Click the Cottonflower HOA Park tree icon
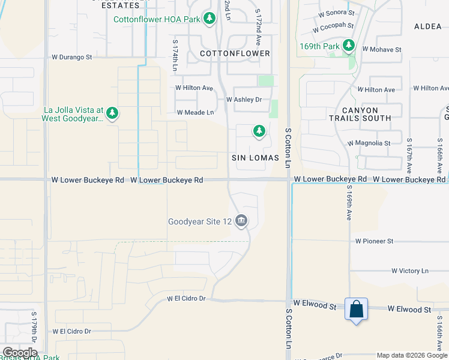point(209,19)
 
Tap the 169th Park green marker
point(349,46)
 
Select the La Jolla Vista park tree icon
point(112,113)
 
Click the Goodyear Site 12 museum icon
point(241,221)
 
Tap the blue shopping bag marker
point(356,310)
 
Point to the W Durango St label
point(71,58)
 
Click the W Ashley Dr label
point(244,100)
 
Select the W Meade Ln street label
point(195,112)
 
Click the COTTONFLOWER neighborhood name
point(235,53)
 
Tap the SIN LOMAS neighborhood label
point(256,158)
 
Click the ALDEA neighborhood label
point(428,27)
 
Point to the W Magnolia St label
point(369,143)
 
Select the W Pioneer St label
point(374,241)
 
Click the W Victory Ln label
point(410,271)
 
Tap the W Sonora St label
point(337,12)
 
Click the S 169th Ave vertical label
point(348,203)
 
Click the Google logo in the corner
point(19,353)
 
